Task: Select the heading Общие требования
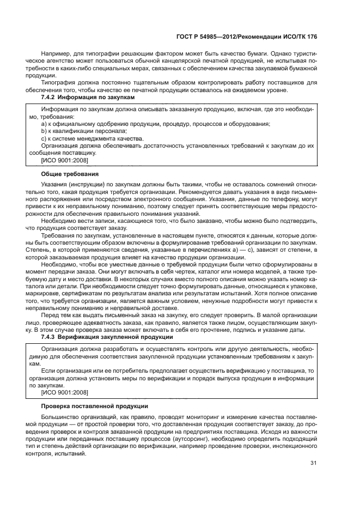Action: click(x=69, y=174)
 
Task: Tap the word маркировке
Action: click(x=44, y=293)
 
